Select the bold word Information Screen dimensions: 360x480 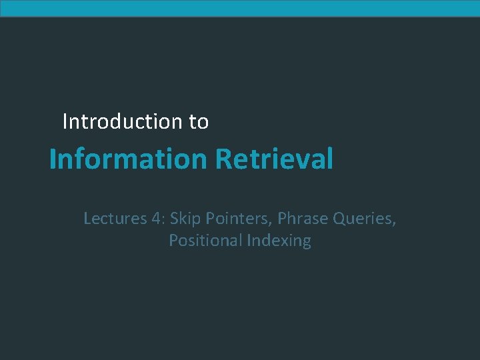click(x=129, y=159)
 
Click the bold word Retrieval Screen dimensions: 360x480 click(x=274, y=159)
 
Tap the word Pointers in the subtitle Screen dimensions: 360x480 click(x=237, y=218)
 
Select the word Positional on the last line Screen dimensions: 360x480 click(x=205, y=240)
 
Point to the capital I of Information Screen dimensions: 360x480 click(x=53, y=159)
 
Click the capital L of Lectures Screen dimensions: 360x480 click(x=87, y=218)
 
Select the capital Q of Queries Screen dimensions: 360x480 click(x=339, y=218)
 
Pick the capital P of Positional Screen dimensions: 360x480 click(x=173, y=240)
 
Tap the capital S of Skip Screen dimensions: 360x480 click(x=174, y=218)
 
